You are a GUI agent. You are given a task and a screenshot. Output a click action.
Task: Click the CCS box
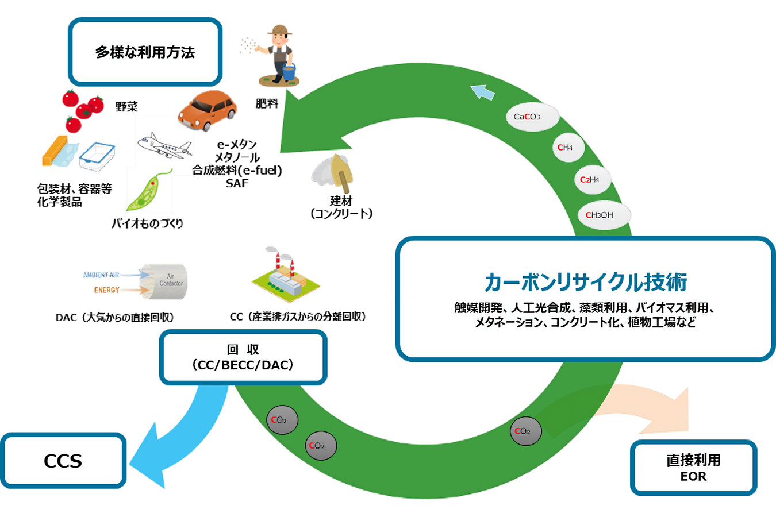click(63, 461)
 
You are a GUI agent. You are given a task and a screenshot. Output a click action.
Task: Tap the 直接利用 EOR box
click(693, 468)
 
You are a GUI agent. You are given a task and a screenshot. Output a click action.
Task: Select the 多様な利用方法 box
click(145, 52)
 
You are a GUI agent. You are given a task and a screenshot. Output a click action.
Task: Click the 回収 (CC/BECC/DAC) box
click(243, 357)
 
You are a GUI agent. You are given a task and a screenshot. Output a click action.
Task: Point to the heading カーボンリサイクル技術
click(585, 282)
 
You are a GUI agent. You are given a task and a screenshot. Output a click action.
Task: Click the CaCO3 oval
click(527, 117)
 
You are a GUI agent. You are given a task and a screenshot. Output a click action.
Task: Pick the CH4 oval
click(566, 148)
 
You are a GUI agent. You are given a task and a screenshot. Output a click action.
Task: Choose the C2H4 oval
click(590, 180)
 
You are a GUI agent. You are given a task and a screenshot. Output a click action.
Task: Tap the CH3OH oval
click(600, 215)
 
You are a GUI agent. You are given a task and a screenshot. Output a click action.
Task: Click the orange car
click(207, 110)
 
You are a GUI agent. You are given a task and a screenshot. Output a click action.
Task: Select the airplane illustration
click(164, 145)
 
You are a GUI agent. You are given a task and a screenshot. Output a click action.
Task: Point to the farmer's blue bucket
click(289, 72)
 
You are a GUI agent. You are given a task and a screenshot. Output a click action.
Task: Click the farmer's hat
click(279, 30)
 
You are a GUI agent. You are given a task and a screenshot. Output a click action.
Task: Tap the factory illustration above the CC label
click(286, 276)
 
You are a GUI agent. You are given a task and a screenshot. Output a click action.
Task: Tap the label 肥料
click(266, 104)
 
